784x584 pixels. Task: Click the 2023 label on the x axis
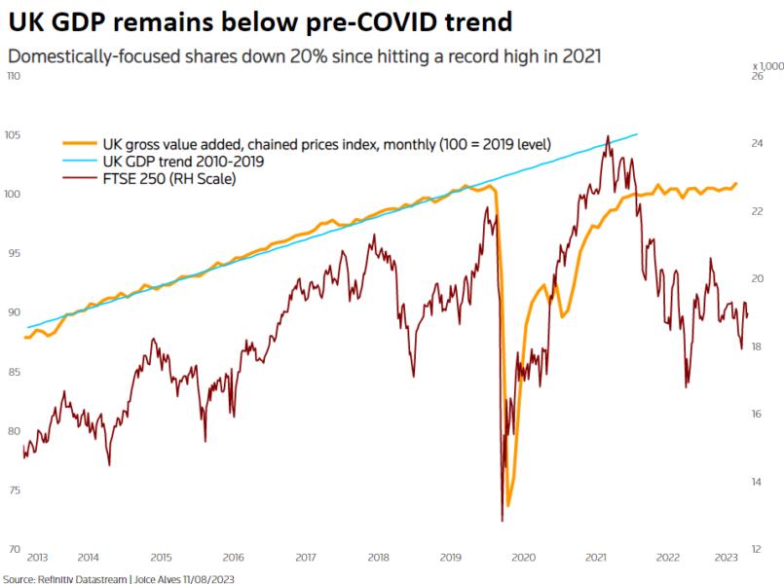tap(726, 557)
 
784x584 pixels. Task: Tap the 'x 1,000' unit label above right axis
tap(767, 64)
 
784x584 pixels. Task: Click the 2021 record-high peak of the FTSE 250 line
tap(608, 136)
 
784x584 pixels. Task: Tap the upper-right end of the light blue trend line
tap(638, 134)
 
